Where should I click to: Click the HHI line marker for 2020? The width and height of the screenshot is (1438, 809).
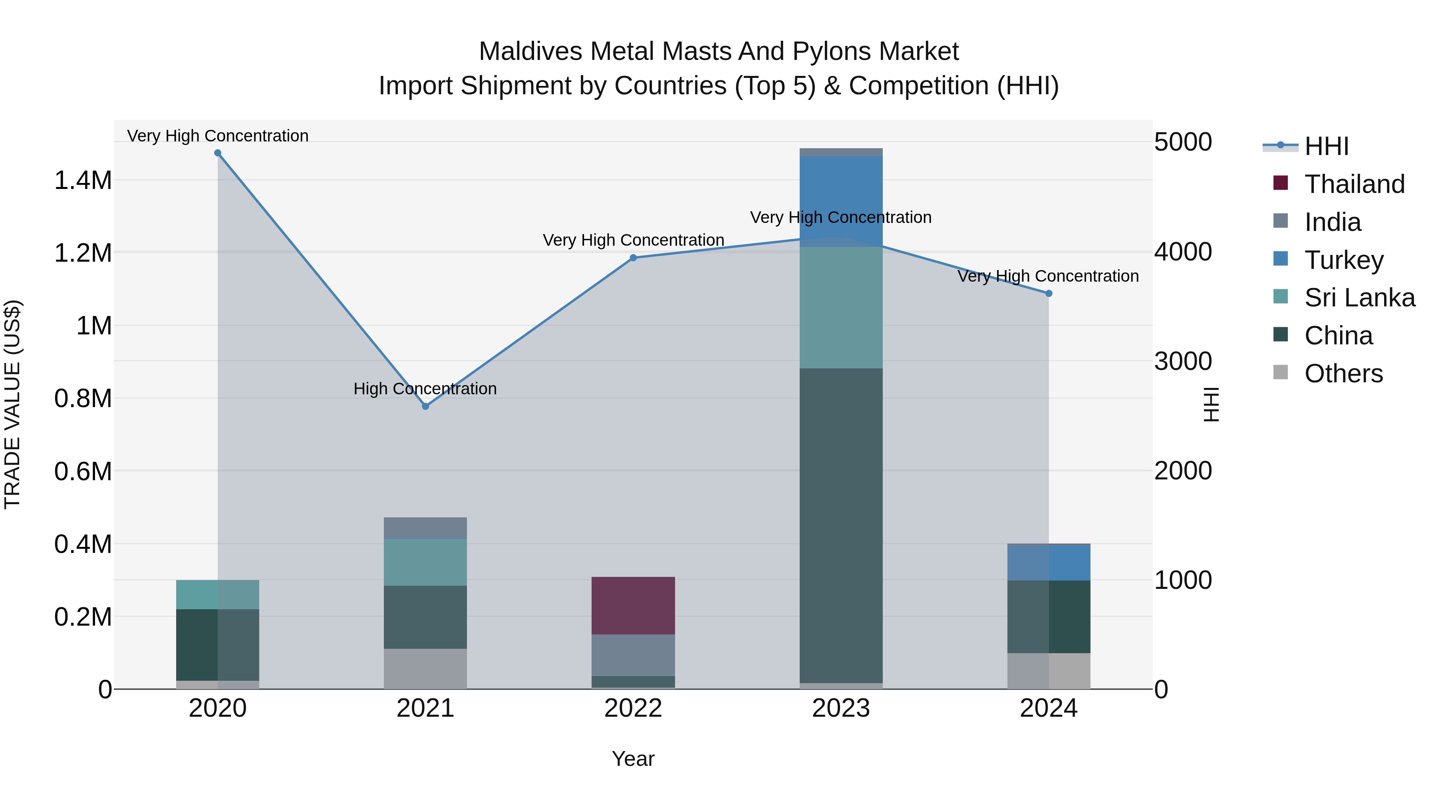coord(218,153)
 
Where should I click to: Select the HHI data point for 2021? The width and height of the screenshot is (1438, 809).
coord(425,406)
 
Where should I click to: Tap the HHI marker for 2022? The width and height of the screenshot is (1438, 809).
coord(633,258)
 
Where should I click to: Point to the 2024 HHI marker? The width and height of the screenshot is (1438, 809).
coord(1049,294)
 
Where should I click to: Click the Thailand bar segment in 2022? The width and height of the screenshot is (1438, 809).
coord(633,605)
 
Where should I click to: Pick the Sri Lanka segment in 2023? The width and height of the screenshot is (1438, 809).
coord(841,307)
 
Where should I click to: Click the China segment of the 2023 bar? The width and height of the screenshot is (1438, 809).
coord(841,525)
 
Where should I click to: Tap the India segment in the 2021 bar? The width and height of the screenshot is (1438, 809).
coord(425,528)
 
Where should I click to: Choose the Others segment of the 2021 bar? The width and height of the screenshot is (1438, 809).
coord(425,668)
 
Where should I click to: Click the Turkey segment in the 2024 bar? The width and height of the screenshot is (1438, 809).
coord(1049,562)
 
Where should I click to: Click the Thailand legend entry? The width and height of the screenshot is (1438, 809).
coord(1354,184)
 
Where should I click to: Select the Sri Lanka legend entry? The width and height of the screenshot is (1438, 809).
coord(1359,298)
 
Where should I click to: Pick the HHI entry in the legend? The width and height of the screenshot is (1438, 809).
coord(1326,146)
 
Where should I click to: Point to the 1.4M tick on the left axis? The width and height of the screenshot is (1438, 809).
coord(83,180)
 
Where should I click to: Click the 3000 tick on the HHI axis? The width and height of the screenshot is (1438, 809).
coord(1183,361)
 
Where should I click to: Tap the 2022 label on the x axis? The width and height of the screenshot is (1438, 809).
coord(633,708)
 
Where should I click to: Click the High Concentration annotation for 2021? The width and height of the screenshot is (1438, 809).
coord(425,389)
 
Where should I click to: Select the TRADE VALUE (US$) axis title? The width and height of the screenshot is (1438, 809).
coord(12,404)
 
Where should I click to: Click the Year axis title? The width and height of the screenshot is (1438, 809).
coord(633,759)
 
